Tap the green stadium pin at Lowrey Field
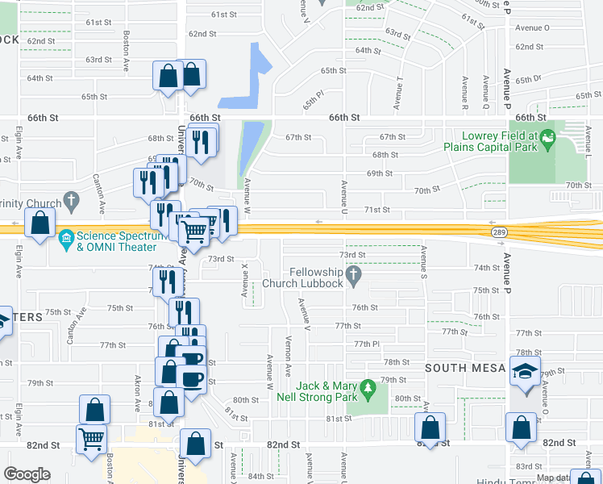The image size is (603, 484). click(548, 140)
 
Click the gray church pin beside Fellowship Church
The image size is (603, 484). click(353, 277)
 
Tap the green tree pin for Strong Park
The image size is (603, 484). click(368, 390)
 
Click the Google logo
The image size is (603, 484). click(27, 474)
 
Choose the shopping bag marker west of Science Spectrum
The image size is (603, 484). click(40, 223)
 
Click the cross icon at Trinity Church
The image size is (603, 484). click(71, 198)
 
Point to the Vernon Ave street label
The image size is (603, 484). click(288, 366)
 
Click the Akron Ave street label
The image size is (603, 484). click(138, 387)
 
